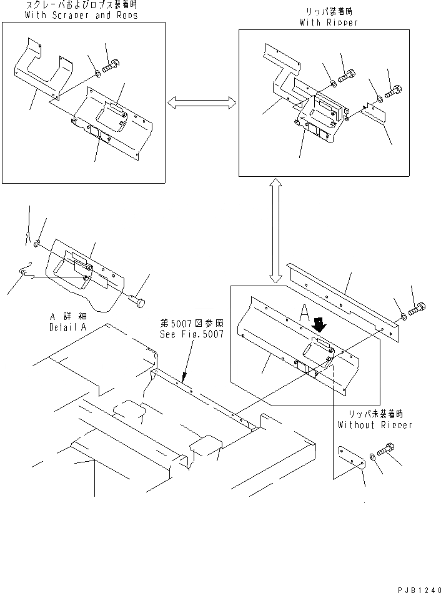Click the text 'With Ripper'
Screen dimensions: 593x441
[x=329, y=22]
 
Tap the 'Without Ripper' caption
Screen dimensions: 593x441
[x=375, y=425]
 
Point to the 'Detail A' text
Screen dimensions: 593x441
[x=65, y=327]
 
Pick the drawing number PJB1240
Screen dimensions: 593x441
[x=417, y=588]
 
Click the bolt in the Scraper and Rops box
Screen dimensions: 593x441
[x=112, y=64]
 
